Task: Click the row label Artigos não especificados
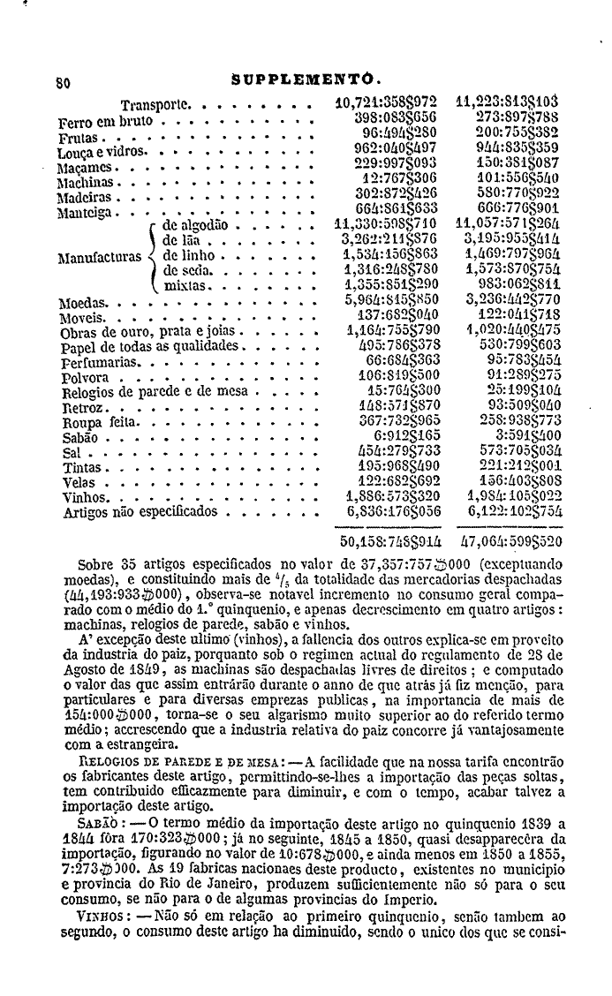click(x=139, y=511)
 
